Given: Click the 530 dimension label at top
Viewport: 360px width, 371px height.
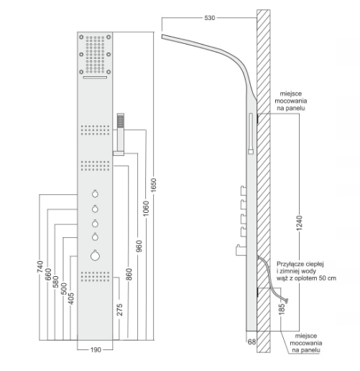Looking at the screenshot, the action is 210,18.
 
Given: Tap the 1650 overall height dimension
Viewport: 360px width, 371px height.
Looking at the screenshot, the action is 154,185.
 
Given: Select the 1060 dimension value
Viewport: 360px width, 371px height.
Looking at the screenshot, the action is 146,209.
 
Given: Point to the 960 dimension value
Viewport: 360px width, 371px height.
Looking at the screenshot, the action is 139,246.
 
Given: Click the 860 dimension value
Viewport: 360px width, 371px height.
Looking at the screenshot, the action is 129,275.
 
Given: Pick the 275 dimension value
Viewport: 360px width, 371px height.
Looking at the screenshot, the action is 120,310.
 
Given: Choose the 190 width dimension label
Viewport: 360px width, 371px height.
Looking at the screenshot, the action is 96,350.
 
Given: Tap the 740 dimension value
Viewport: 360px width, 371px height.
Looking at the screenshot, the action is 40,267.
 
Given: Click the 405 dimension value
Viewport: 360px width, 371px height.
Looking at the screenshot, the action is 71,298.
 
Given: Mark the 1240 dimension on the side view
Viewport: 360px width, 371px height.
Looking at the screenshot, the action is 300,223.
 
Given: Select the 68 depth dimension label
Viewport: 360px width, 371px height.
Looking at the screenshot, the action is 251,342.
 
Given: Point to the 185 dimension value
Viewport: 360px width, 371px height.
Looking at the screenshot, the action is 282,308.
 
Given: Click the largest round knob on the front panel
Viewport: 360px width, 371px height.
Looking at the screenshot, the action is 95,255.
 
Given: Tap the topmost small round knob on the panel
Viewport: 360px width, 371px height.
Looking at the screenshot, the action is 95,193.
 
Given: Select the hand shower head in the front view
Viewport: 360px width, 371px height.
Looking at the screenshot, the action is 121,121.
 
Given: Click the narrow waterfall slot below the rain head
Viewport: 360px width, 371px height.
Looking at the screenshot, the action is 95,77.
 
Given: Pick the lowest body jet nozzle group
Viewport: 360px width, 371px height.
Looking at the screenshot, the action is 95,276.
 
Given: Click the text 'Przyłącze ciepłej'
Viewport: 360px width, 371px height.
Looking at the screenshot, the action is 300,264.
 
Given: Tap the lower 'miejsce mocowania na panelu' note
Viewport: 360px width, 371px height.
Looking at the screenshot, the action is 306,343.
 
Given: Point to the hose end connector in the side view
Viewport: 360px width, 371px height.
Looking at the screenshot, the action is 286,300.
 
